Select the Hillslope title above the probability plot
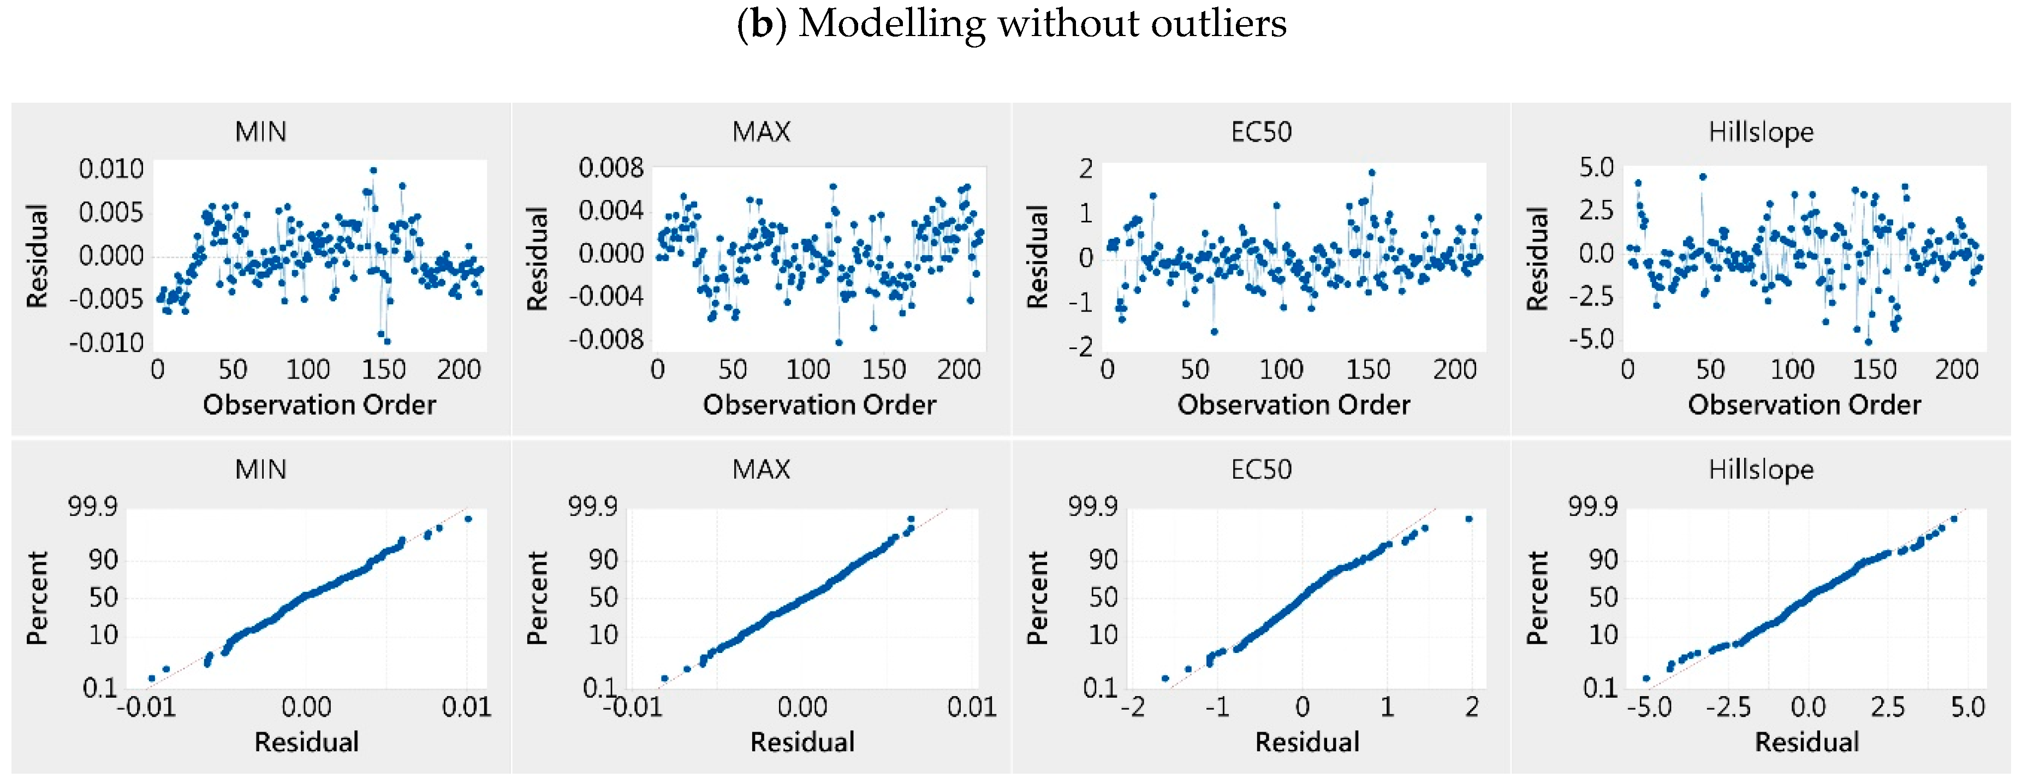[1761, 470]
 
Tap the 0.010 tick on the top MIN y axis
[111, 169]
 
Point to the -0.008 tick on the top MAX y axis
[606, 340]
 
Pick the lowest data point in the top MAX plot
[838, 343]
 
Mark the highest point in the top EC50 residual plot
[1371, 173]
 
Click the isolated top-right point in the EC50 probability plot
[1468, 519]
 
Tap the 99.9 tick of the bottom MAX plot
[593, 507]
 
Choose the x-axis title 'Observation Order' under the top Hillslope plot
[1804, 404]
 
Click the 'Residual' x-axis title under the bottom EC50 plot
[1307, 742]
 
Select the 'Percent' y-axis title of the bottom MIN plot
[38, 598]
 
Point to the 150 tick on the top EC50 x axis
[1367, 369]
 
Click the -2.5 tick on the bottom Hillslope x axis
[1728, 708]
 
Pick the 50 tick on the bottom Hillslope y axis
[1603, 598]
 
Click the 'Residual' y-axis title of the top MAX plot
[537, 258]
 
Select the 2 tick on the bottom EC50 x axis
[1472, 708]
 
